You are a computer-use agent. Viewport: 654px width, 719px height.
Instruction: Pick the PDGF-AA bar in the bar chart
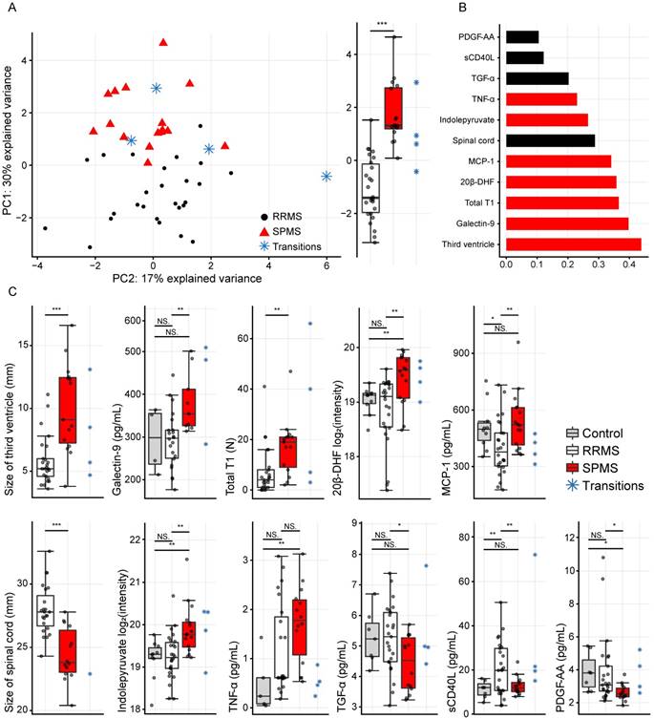[522, 37]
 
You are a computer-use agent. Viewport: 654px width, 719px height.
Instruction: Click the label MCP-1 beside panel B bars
[486, 160]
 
